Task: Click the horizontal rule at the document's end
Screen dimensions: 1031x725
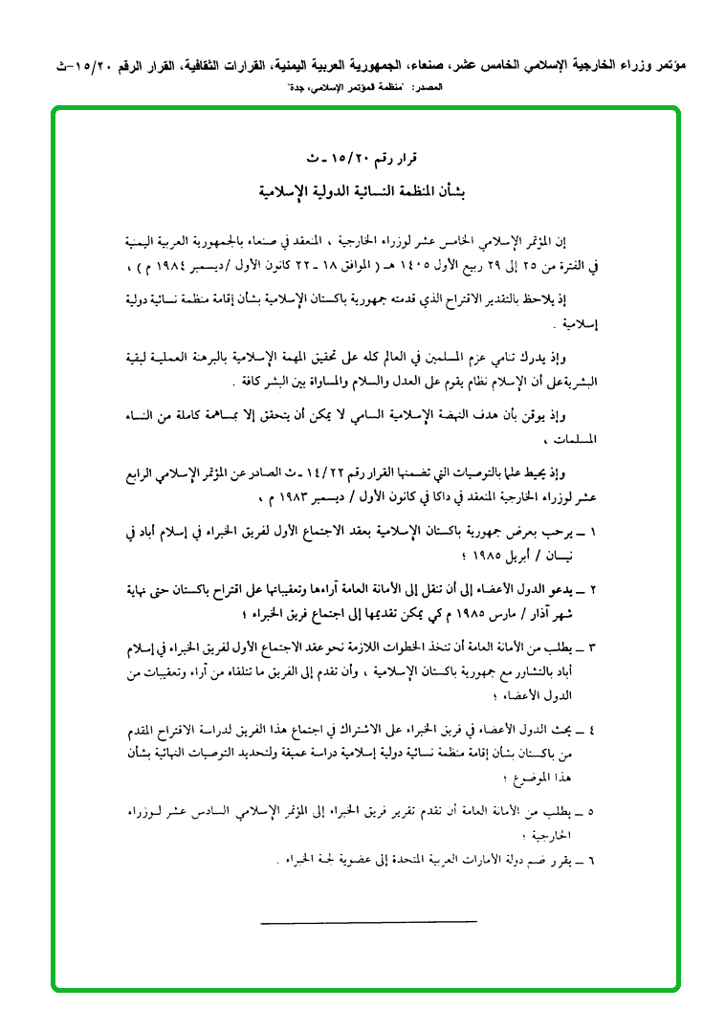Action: (367, 922)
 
